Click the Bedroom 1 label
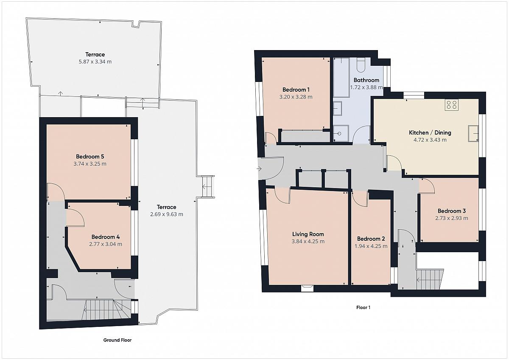296,90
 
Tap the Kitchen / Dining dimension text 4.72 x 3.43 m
430,140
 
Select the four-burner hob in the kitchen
451,105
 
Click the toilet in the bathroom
361,65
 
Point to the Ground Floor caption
117,340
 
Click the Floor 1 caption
363,307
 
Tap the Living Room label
308,234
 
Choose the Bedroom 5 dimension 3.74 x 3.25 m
90,164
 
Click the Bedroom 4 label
106,237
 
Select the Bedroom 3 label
451,211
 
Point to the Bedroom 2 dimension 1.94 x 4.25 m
371,246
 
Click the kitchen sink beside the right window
473,133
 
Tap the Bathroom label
366,80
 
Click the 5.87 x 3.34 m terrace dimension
95,62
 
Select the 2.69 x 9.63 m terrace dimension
167,214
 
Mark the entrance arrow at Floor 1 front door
259,169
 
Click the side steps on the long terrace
208,187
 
